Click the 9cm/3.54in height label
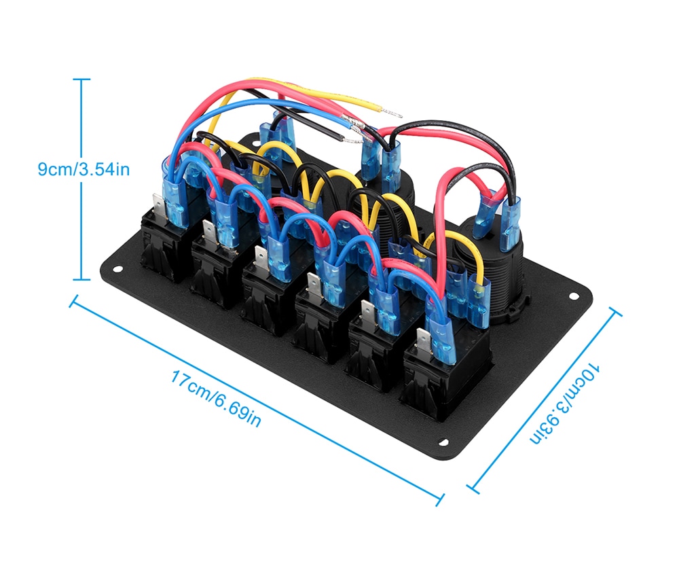[x=83, y=168]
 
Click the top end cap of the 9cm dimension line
[x=81, y=79]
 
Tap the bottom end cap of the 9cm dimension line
[x=81, y=279]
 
